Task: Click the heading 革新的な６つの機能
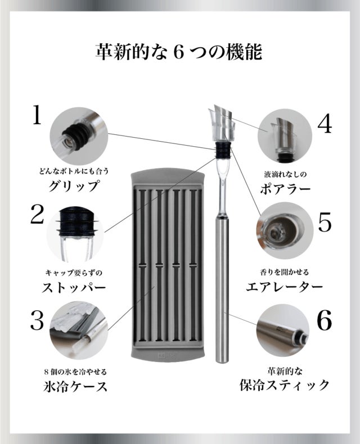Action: (x=178, y=52)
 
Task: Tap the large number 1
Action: (x=37, y=115)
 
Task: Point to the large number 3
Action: (x=37, y=320)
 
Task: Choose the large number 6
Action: (x=325, y=320)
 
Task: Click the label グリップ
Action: (x=74, y=186)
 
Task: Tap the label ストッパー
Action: (x=74, y=288)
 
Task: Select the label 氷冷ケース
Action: (x=76, y=386)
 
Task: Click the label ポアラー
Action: (x=285, y=189)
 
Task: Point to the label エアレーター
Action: (x=284, y=287)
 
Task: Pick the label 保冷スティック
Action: (x=284, y=385)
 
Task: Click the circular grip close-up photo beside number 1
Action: (x=79, y=136)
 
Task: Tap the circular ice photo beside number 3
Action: (x=79, y=330)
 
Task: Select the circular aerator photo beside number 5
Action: (x=285, y=230)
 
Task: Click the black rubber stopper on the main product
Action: (x=223, y=149)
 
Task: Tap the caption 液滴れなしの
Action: (x=285, y=174)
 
